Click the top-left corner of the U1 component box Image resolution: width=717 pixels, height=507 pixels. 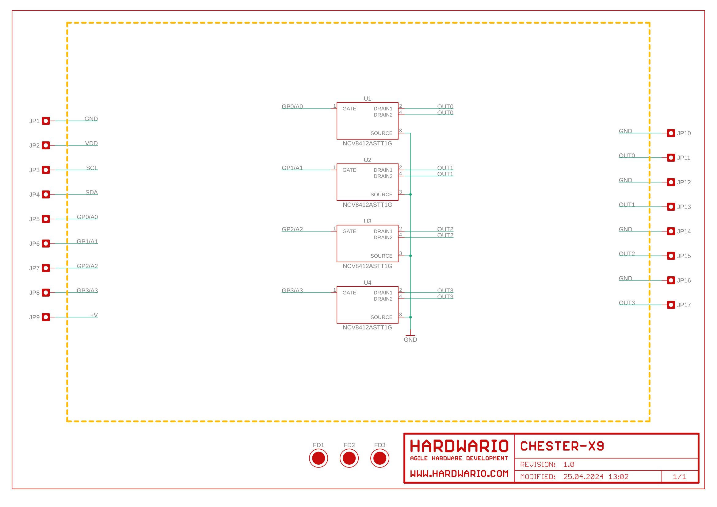click(x=337, y=102)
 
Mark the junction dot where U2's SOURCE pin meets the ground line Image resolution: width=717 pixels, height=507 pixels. click(x=410, y=194)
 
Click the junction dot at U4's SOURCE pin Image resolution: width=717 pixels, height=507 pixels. click(x=410, y=317)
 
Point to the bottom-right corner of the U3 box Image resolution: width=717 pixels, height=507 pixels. click(x=398, y=262)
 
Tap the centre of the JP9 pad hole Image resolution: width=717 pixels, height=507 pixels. click(x=46, y=317)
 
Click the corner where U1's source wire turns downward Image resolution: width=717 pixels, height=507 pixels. click(x=410, y=133)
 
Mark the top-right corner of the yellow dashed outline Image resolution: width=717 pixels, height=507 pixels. click(x=650, y=23)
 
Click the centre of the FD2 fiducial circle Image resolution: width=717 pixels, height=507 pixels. click(x=349, y=458)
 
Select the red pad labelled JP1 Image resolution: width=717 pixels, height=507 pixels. click(x=46, y=121)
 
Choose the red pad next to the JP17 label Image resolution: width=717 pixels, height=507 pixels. click(x=671, y=305)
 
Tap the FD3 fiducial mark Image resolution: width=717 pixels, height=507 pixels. click(x=380, y=458)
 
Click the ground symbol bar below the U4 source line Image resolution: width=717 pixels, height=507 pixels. click(x=410, y=336)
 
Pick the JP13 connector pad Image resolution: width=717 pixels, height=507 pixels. click(x=671, y=207)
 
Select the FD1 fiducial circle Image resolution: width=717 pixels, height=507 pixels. click(x=318, y=458)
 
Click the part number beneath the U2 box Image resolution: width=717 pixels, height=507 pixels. click(x=367, y=205)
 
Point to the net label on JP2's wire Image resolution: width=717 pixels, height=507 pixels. click(x=91, y=143)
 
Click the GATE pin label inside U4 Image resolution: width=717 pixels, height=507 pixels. click(x=349, y=293)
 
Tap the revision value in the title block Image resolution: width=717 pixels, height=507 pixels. click(x=569, y=464)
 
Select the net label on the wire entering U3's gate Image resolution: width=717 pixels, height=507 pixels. click(x=292, y=229)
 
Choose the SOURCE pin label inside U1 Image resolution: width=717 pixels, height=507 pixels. click(x=381, y=133)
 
